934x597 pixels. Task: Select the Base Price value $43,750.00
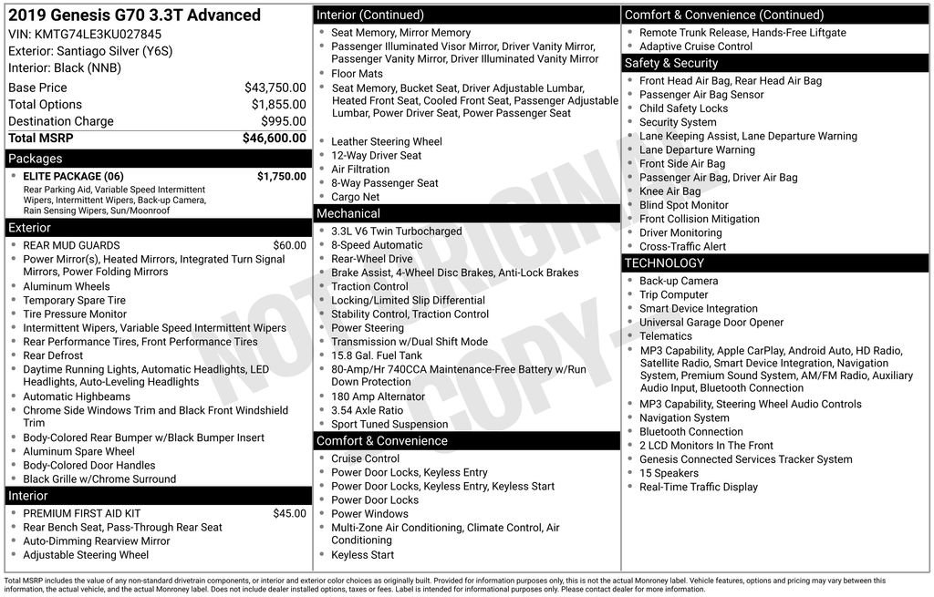[275, 87]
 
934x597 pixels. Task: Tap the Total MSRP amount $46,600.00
[274, 139]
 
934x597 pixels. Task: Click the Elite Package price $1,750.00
[281, 177]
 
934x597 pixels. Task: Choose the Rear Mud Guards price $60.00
[289, 245]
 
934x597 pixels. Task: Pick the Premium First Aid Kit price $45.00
[289, 514]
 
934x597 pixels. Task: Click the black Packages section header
[157, 159]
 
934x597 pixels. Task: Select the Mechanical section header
[467, 213]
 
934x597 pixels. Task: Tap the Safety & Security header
[776, 63]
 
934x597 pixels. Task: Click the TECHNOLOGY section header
[776, 263]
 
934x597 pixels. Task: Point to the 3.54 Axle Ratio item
[367, 411]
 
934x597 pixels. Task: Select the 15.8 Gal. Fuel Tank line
[377, 355]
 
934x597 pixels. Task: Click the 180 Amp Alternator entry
[378, 397]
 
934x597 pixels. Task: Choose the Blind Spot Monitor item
[683, 206]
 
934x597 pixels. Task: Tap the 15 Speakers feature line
[669, 473]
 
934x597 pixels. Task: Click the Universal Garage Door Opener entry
[711, 323]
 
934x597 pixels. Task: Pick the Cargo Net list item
[355, 197]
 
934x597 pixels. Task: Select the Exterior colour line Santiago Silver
[90, 51]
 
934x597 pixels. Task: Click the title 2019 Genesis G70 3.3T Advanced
[134, 15]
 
